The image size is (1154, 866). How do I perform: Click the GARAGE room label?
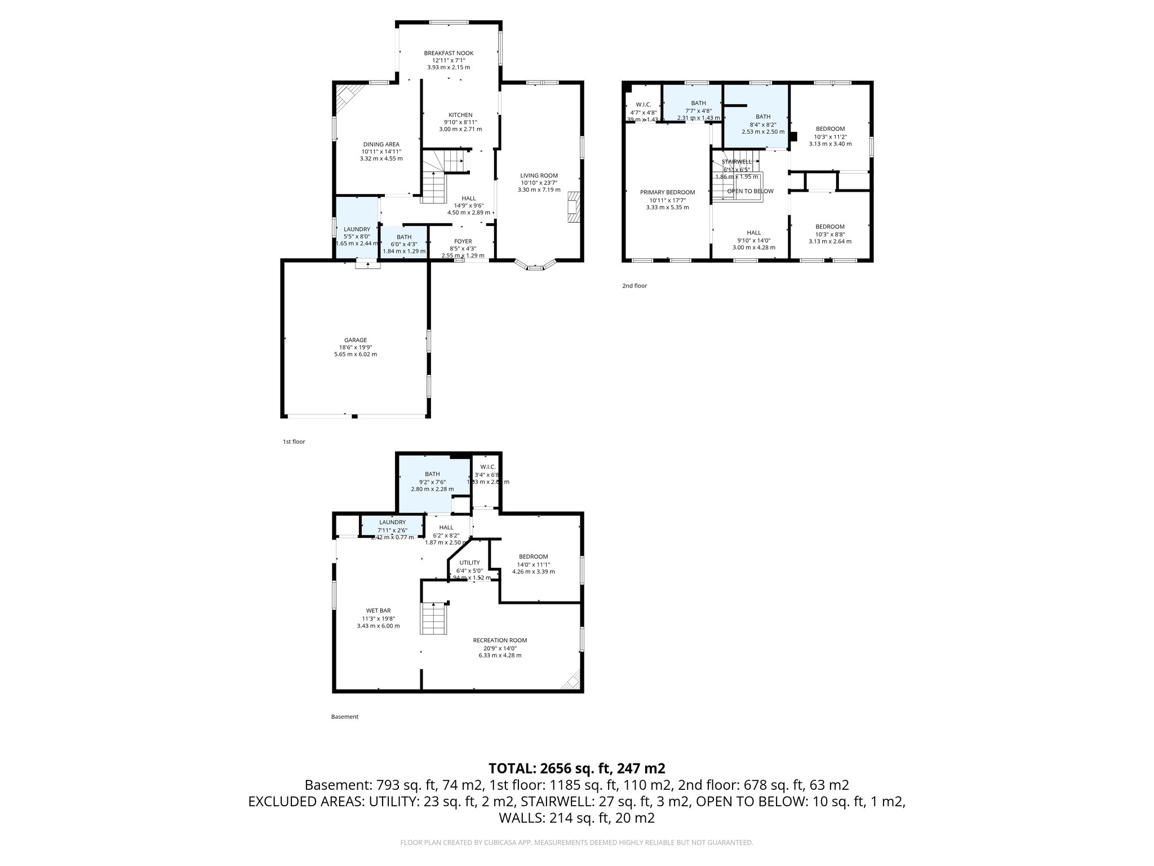(x=356, y=340)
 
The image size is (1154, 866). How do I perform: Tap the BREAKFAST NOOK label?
(x=449, y=53)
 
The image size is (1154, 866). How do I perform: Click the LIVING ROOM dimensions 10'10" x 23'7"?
(x=539, y=183)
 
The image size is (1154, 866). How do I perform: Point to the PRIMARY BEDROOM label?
(x=667, y=192)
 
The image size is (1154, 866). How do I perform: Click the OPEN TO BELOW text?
(x=750, y=191)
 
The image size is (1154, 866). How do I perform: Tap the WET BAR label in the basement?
(x=378, y=611)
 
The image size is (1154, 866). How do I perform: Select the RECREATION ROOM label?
(x=500, y=640)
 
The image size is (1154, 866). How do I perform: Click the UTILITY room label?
(x=469, y=563)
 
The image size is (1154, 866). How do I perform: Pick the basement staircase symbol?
(x=434, y=618)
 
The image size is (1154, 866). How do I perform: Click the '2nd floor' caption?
(x=634, y=286)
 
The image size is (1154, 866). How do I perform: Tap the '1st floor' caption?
(x=294, y=441)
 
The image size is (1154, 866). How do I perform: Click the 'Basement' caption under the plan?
(x=344, y=717)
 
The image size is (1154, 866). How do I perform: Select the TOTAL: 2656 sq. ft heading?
(x=576, y=768)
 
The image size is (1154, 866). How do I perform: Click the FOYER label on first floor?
(x=463, y=241)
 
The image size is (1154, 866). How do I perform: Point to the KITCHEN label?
(x=460, y=115)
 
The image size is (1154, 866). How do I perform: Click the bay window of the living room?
(x=536, y=266)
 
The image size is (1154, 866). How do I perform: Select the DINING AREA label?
(x=381, y=144)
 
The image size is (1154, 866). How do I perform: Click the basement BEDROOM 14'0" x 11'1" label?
(x=533, y=556)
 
